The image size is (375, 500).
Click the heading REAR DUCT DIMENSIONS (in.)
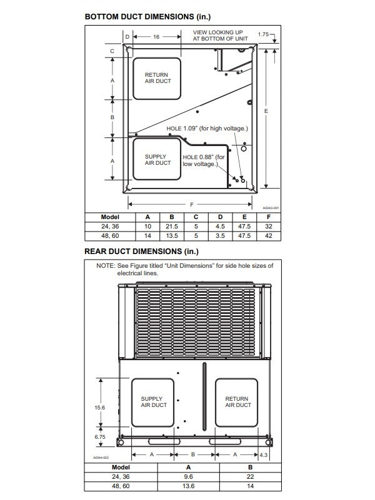pos(141,252)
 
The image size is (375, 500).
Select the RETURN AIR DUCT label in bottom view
pos(157,78)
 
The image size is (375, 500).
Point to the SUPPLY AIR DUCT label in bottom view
pos(157,159)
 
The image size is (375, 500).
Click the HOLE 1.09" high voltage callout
pos(207,129)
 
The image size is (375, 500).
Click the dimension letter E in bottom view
pos(267,110)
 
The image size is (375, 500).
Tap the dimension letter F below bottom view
pos(191,205)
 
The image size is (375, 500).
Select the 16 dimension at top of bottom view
pos(156,37)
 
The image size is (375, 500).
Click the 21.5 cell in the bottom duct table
pos(172,227)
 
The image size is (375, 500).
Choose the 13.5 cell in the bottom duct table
pos(172,236)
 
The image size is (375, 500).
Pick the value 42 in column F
pos(268,236)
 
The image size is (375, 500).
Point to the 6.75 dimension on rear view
pos(100,437)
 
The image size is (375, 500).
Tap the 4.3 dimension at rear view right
pos(264,455)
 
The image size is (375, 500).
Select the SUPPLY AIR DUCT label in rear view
pos(152,402)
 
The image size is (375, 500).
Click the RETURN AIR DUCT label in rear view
pos(237,402)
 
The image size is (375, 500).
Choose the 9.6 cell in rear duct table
pos(188,476)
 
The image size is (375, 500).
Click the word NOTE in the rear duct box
pos(106,266)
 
